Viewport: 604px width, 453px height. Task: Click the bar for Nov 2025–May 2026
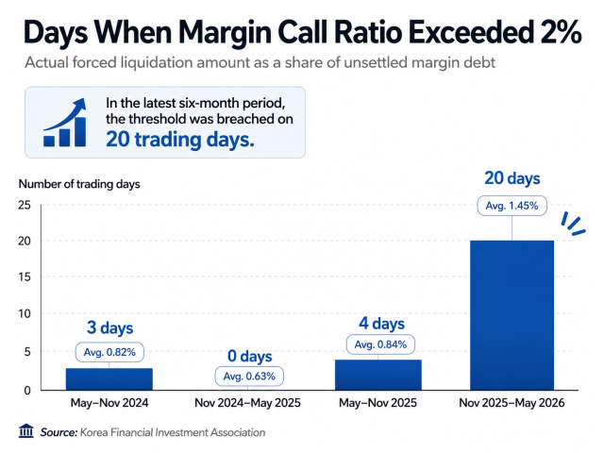click(x=512, y=315)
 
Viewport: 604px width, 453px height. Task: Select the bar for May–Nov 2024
click(x=109, y=379)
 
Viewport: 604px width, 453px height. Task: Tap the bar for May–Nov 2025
click(x=378, y=375)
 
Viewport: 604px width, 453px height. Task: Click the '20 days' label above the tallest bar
click(x=512, y=178)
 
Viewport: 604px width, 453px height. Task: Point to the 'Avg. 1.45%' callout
click(x=512, y=206)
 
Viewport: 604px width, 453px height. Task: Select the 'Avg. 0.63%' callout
click(x=249, y=376)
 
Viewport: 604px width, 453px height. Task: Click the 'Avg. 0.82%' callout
click(x=109, y=352)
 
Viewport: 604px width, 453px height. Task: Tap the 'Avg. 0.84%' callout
click(x=380, y=344)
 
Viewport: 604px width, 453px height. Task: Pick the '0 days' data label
click(x=249, y=356)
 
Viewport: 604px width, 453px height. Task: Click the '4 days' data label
click(x=381, y=324)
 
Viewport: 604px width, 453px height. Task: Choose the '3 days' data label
click(x=109, y=327)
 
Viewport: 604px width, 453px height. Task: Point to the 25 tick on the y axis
click(x=25, y=205)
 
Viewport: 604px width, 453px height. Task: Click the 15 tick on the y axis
click(x=25, y=277)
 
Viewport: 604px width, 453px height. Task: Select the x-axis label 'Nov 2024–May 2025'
click(x=247, y=403)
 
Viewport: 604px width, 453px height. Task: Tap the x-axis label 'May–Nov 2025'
click(x=377, y=403)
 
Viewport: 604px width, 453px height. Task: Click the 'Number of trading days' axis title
click(x=79, y=184)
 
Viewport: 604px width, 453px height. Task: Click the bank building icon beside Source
click(x=25, y=431)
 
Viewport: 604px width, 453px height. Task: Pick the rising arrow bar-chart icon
click(x=65, y=123)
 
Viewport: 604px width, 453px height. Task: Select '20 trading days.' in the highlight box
click(x=180, y=140)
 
